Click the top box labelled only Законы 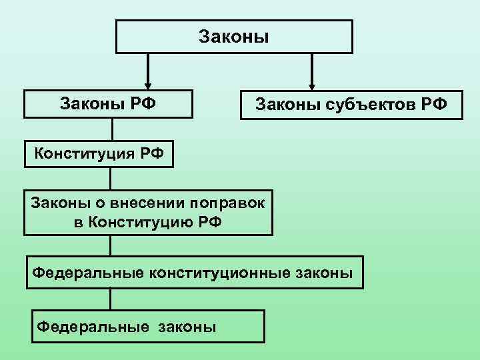(234, 36)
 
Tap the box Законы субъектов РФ (351, 105)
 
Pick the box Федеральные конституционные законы (195, 272)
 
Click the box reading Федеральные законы (148, 326)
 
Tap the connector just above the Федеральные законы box (111, 299)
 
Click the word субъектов (361, 105)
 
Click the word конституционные (222, 272)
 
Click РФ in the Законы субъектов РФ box (433, 105)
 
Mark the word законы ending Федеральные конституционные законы (326, 272)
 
